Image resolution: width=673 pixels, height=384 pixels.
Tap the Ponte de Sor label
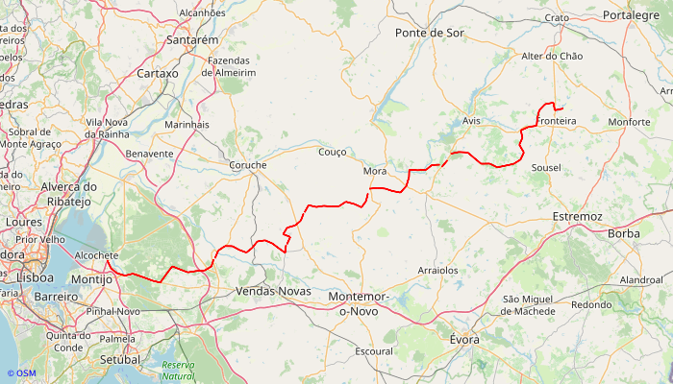click(x=430, y=33)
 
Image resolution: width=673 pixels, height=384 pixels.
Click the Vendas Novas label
click(x=274, y=290)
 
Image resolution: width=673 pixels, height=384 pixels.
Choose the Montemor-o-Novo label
click(x=359, y=303)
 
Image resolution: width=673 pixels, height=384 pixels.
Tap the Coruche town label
click(x=248, y=165)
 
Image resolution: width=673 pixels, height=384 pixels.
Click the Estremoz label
click(x=578, y=217)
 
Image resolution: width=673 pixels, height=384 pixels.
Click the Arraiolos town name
click(x=437, y=271)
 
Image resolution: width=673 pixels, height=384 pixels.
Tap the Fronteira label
click(x=558, y=122)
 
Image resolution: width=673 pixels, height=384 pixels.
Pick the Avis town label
click(x=471, y=122)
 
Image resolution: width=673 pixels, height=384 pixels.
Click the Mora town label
click(x=375, y=171)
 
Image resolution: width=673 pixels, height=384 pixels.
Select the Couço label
click(x=332, y=152)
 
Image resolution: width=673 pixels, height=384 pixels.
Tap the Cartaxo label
click(x=158, y=73)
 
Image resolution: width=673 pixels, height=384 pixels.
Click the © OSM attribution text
click(x=21, y=373)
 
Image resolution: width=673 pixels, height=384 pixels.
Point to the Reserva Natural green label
click(x=178, y=371)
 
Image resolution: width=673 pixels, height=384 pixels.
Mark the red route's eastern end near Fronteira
click(x=562, y=108)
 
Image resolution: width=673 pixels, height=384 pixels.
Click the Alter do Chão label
click(x=552, y=57)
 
